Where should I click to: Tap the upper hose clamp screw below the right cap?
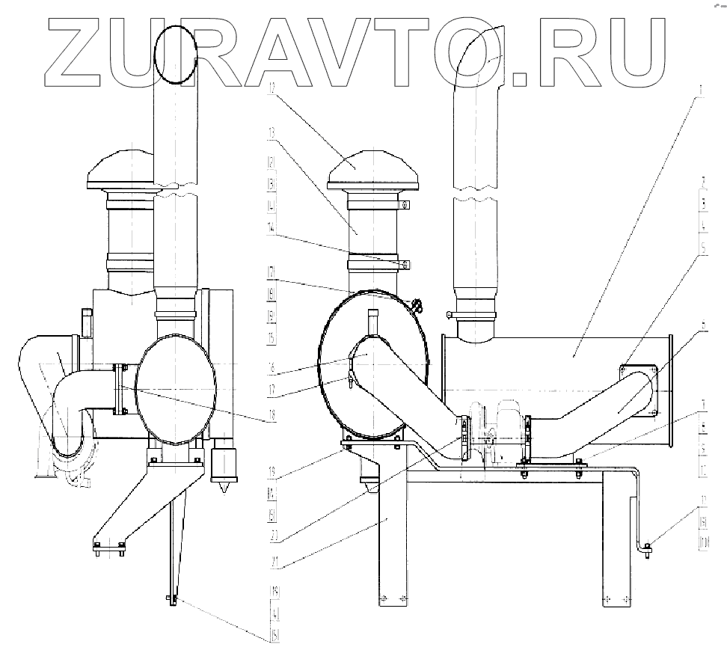tap(405, 203)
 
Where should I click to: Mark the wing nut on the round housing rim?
tap(416, 304)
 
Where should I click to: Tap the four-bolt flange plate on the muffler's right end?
tap(637, 389)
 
